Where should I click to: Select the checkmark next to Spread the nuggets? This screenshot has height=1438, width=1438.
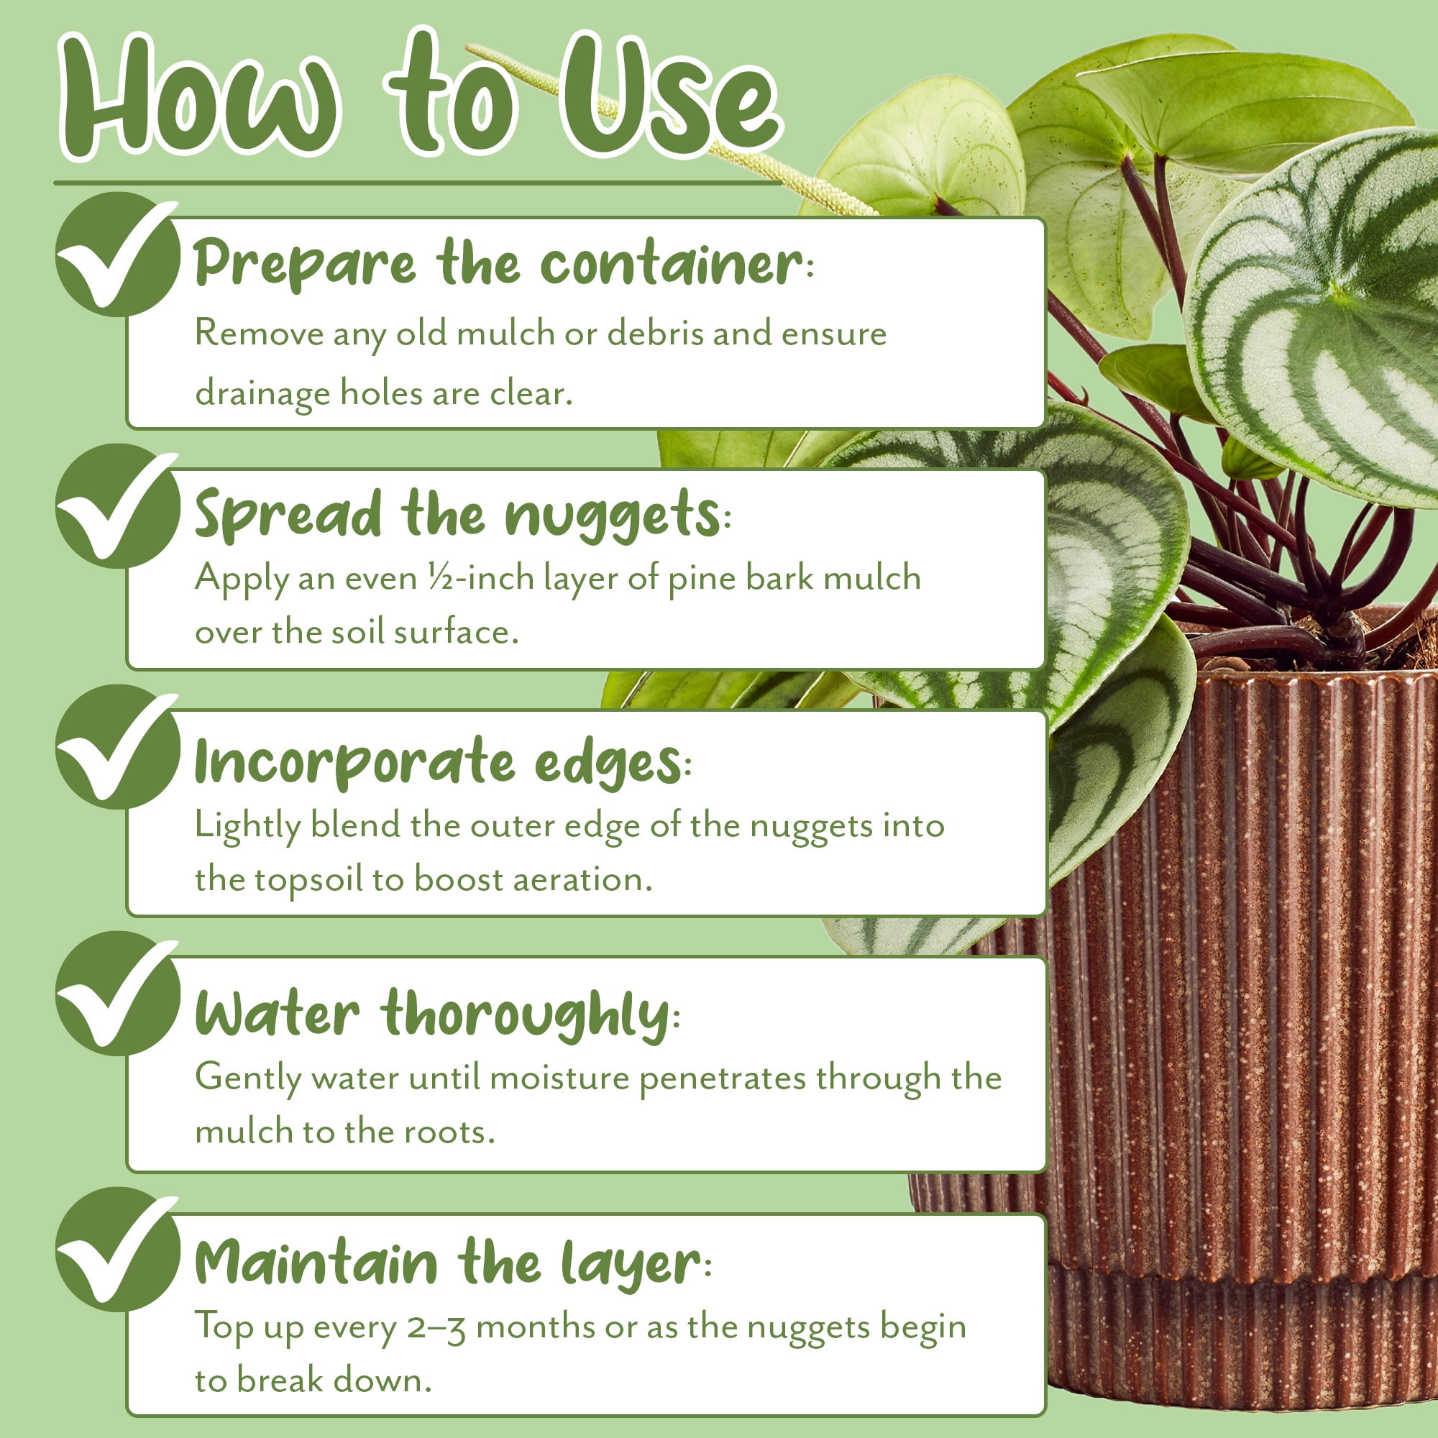pyautogui.click(x=118, y=506)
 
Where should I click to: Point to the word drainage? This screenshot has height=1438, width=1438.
pyautogui.click(x=262, y=394)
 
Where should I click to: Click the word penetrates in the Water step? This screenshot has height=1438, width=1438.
pyautogui.click(x=722, y=1078)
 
